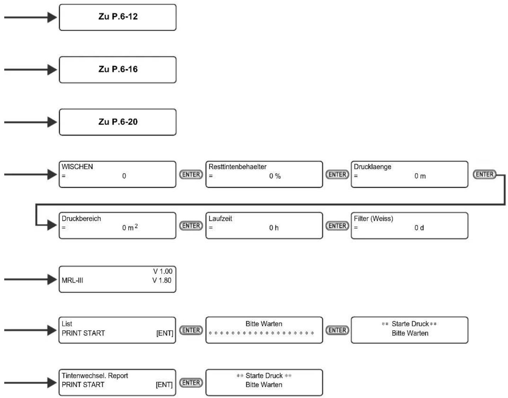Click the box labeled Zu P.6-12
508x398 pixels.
(118, 17)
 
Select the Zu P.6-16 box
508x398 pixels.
(118, 70)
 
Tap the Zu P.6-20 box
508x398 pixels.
(118, 122)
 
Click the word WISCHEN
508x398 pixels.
(77, 167)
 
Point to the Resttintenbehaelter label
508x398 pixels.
(237, 167)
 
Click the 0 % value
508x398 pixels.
(275, 176)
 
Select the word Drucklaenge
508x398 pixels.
(372, 167)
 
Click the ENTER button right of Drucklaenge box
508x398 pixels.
(484, 174)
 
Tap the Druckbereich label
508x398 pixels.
(81, 218)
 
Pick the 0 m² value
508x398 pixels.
(130, 227)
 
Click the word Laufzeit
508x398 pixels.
(220, 218)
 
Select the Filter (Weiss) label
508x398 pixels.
(373, 218)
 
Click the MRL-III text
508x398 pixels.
(72, 280)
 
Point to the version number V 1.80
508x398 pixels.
(162, 280)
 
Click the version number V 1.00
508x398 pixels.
(163, 271)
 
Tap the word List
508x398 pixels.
(67, 324)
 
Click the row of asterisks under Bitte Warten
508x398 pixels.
(261, 333)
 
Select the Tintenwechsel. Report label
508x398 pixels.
(95, 376)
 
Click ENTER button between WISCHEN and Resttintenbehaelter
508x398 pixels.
(191, 174)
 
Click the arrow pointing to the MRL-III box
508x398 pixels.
(30, 280)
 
